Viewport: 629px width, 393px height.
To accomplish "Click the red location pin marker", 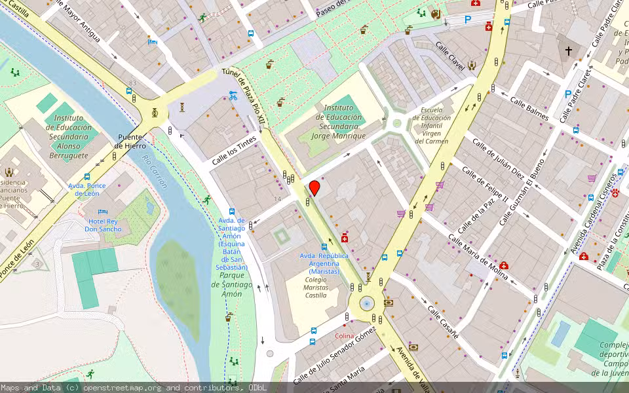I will [314, 188].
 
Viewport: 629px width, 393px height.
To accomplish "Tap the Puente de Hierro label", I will [130, 142].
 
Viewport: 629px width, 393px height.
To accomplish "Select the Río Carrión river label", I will [155, 172].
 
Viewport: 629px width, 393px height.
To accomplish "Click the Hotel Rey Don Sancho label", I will [104, 225].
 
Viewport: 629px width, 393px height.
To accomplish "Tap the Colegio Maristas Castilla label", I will [316, 288].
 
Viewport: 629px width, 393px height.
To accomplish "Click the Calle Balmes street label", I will [529, 109].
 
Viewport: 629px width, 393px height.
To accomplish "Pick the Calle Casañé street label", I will [444, 322].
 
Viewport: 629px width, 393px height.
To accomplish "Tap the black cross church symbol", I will [568, 50].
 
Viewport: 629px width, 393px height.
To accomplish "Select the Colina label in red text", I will [344, 336].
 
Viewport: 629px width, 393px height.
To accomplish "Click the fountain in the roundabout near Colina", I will [367, 303].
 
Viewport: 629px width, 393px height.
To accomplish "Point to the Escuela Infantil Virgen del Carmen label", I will [436, 125].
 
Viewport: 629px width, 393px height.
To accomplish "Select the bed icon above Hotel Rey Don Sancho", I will [102, 212].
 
